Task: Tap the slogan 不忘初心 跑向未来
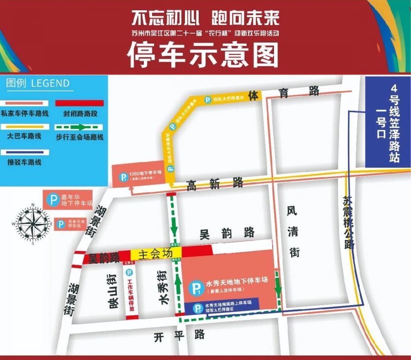(205, 19)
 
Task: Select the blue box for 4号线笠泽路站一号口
(387, 122)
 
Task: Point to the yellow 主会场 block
(156, 254)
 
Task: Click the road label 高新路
(215, 184)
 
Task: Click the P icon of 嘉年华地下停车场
(52, 200)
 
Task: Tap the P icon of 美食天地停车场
(61, 224)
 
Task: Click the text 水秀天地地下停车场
(237, 283)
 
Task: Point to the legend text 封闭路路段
(80, 113)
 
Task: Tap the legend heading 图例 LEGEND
(38, 83)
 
